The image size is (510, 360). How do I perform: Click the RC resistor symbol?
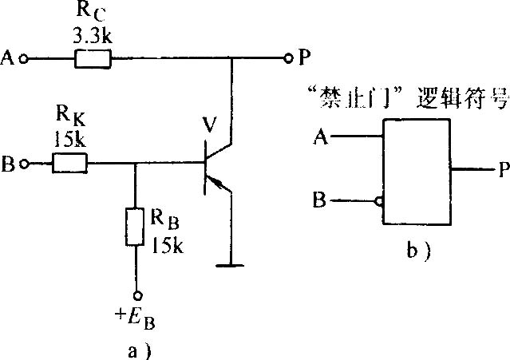click(93, 59)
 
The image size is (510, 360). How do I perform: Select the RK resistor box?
click(69, 163)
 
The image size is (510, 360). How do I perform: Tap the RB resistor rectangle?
click(135, 227)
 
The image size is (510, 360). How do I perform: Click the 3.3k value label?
click(93, 36)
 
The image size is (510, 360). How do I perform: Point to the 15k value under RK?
click(69, 139)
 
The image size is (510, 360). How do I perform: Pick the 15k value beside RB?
click(167, 244)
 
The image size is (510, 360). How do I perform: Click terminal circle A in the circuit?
click(23, 59)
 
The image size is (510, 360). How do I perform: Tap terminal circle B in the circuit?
click(24, 164)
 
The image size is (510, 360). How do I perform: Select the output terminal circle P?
click(287, 58)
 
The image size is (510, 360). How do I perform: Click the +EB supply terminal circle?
click(138, 295)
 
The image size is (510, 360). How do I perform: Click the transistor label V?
click(209, 125)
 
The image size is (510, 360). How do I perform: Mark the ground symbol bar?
click(230, 266)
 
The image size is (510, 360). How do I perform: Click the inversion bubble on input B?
click(379, 201)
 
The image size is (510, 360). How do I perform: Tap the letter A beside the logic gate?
click(321, 136)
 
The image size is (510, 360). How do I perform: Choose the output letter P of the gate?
click(504, 170)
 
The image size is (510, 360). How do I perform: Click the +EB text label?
click(135, 318)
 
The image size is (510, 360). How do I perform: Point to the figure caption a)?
click(139, 351)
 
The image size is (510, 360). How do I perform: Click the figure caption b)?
click(418, 251)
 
